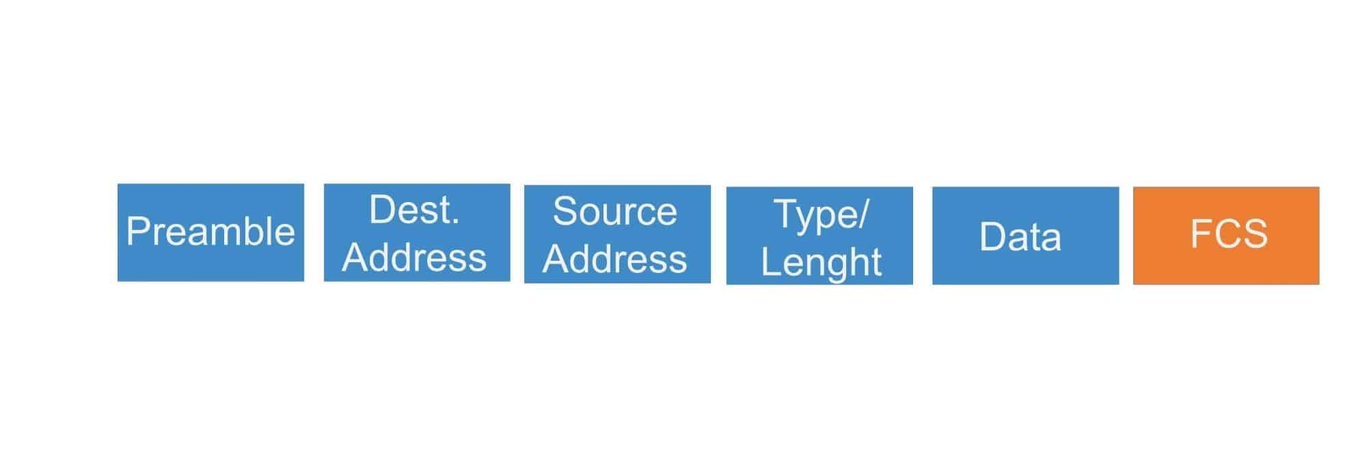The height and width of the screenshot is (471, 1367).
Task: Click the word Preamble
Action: coord(211,231)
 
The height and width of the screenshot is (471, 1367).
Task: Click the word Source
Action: coord(615,211)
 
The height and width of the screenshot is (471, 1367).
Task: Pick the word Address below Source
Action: coord(615,259)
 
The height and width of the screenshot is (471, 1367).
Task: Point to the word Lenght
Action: coord(821,263)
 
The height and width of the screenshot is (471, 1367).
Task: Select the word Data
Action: coord(1020,237)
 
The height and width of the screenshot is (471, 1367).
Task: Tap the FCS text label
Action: coord(1229,233)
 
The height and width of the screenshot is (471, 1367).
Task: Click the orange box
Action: coord(1226,235)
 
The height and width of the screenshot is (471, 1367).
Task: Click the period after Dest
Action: coord(456,223)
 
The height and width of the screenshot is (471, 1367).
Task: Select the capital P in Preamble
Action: coord(137,231)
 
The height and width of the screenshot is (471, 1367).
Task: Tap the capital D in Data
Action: coord(992,237)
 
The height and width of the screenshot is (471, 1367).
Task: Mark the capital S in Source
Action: coord(565,211)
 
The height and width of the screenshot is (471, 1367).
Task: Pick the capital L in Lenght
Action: coord(771,261)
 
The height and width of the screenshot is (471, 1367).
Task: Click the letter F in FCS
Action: coord(1201,233)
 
